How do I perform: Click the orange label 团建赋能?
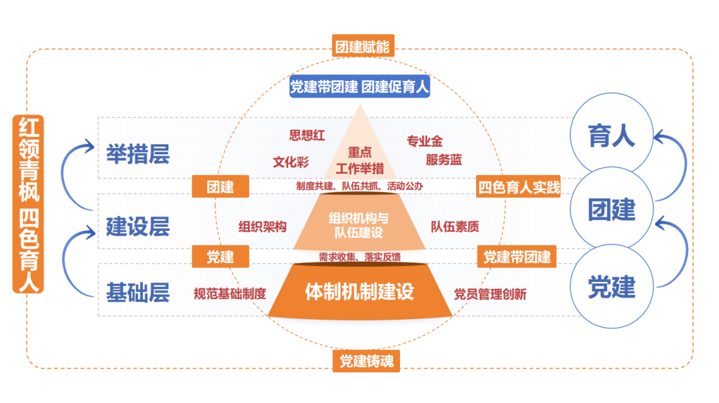click(x=363, y=47)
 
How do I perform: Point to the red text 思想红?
click(x=307, y=135)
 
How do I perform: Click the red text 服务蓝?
click(x=443, y=160)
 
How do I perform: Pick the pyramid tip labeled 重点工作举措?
click(x=359, y=159)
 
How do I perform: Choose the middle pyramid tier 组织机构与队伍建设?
click(x=359, y=225)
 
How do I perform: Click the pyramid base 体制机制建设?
click(x=359, y=291)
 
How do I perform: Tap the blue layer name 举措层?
click(x=138, y=154)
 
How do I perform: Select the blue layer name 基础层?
click(x=138, y=293)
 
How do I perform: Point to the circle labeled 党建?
click(x=611, y=288)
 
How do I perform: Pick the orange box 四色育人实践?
click(x=519, y=187)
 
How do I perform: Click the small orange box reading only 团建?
click(x=220, y=187)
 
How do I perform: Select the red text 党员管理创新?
click(x=490, y=294)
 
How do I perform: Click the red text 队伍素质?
click(x=455, y=226)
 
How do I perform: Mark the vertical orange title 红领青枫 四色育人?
click(x=28, y=204)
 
